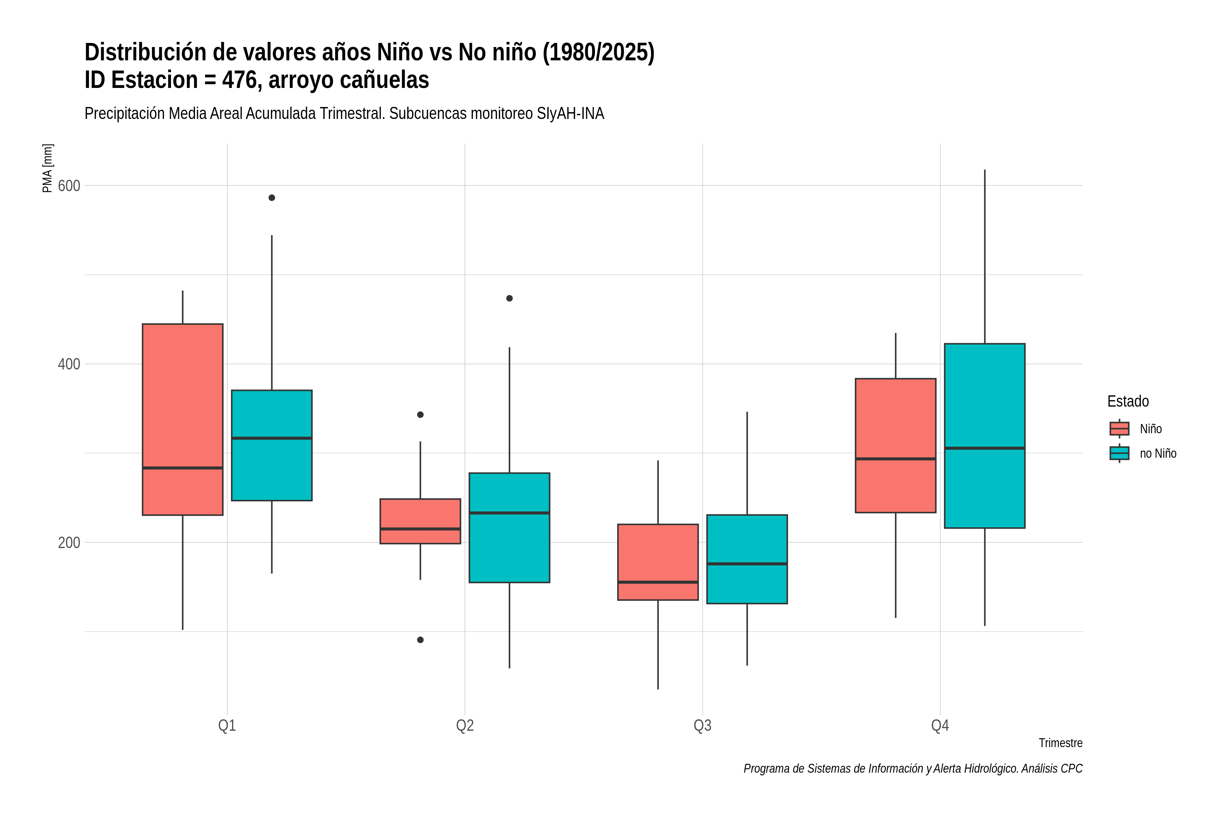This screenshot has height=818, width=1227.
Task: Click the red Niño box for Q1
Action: click(x=183, y=420)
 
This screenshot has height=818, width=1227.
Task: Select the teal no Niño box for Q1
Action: click(x=272, y=445)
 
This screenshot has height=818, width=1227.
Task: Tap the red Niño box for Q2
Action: click(x=421, y=521)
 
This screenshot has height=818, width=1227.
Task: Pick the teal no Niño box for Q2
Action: click(x=509, y=527)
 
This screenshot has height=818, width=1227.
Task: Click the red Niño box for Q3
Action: click(x=658, y=562)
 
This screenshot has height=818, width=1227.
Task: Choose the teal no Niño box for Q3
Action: click(x=747, y=559)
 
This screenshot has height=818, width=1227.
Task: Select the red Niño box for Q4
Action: click(x=896, y=445)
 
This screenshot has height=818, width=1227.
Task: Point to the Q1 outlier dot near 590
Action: click(x=272, y=198)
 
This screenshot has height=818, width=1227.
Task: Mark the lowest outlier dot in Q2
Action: click(x=421, y=640)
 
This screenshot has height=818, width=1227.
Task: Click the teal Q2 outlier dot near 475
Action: click(x=510, y=299)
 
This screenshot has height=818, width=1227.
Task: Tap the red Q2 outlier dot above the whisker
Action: click(x=421, y=415)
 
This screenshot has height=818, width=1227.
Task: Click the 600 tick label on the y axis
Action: click(x=69, y=186)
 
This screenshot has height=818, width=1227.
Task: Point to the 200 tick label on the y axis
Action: click(x=69, y=543)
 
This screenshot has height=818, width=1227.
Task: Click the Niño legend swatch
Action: click(x=1120, y=429)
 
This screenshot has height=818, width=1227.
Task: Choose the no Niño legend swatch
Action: click(x=1120, y=453)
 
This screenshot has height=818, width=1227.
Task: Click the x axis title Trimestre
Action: click(x=1061, y=743)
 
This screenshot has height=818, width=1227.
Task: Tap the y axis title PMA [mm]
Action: click(x=47, y=168)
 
